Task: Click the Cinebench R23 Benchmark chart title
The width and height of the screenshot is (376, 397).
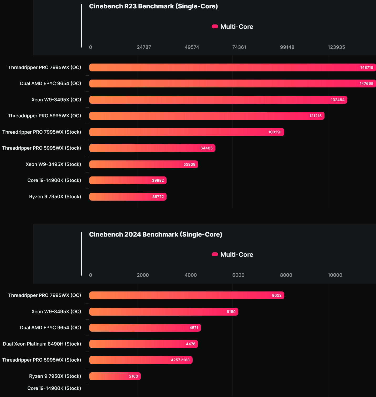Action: [x=153, y=6]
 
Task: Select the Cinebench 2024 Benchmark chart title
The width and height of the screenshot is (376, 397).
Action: [x=156, y=234]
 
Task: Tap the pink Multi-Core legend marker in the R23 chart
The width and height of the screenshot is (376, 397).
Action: [x=215, y=26]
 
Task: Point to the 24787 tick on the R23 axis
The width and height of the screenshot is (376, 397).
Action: [x=144, y=47]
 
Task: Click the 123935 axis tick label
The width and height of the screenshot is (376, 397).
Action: [x=336, y=47]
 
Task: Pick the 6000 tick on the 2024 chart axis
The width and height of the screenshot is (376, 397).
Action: [x=238, y=275]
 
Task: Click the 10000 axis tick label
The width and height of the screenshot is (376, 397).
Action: [x=335, y=275]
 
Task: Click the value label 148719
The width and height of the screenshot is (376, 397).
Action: [x=367, y=67]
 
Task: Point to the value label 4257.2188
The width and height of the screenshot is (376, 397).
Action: [x=180, y=360]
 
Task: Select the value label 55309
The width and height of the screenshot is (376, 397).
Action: [x=189, y=164]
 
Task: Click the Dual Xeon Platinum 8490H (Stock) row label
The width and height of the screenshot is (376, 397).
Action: [x=42, y=344]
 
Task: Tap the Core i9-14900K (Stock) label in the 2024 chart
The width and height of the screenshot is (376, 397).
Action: [x=54, y=388]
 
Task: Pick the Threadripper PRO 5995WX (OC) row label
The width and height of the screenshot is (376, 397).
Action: [x=44, y=116]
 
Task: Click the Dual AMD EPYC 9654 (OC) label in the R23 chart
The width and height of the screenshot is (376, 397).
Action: [x=50, y=83]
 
